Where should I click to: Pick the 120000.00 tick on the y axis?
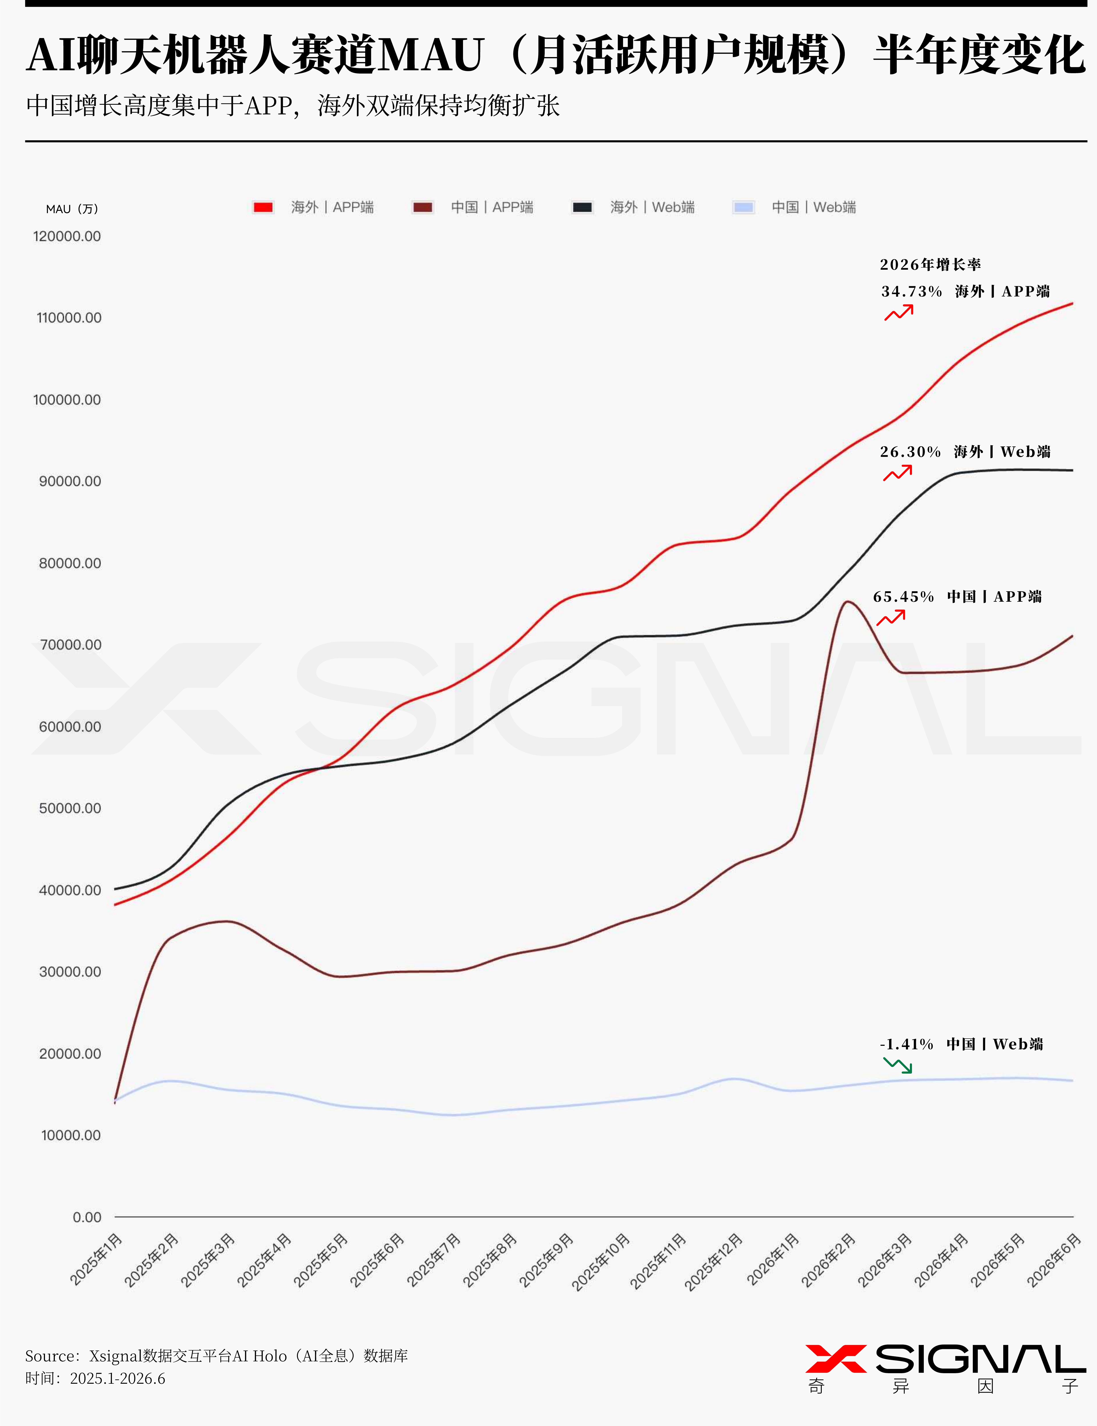pos(67,236)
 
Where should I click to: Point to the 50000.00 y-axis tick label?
pos(70,808)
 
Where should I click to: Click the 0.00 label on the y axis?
pos(87,1217)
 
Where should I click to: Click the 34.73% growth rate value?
pos(911,291)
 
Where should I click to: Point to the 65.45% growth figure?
pos(904,596)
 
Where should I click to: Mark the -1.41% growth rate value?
pos(906,1044)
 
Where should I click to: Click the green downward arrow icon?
pos(898,1065)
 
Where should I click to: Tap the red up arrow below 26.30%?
pos(898,473)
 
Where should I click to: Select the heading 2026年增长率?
pos(931,265)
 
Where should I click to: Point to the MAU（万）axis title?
pos(72,209)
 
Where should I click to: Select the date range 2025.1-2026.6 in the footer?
pos(117,1378)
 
